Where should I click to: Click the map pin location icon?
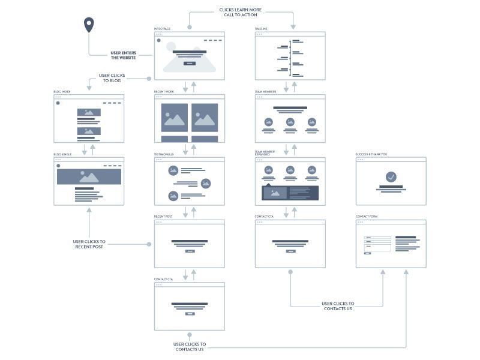89,25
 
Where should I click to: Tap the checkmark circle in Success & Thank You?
391,177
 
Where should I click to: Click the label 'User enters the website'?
123,55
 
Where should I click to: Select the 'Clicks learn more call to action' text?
241,12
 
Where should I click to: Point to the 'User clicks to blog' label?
112,78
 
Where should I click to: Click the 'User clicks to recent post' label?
89,244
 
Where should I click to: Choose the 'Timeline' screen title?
261,29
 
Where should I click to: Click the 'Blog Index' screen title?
62,92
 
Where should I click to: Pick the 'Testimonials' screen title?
164,154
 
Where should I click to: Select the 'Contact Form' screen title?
367,217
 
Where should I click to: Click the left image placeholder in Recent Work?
175,118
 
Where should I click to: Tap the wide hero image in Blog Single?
89,176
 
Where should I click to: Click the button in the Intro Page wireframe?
189,63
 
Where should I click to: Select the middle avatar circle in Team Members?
290,122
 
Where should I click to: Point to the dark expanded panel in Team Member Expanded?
290,192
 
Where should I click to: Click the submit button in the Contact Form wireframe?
367,253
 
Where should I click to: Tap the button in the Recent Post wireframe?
190,251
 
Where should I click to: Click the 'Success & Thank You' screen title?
371,154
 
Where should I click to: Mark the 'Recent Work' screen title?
164,92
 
